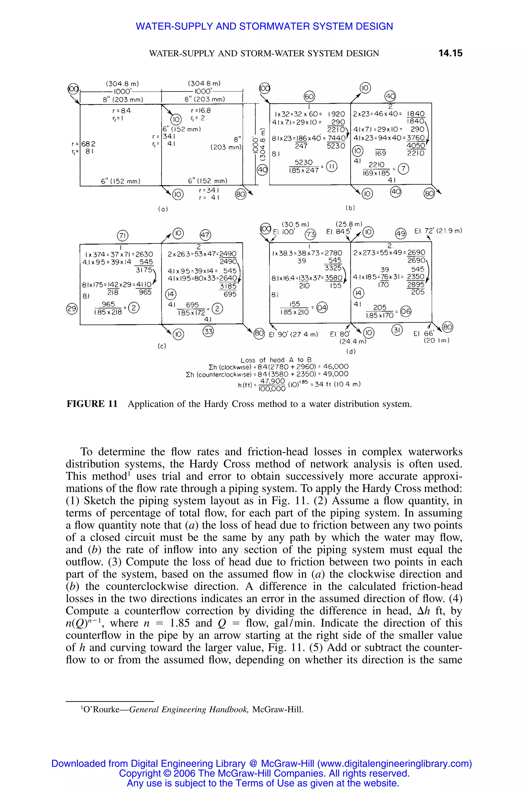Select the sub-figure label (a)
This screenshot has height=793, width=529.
click(163, 209)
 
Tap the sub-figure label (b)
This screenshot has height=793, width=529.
click(350, 208)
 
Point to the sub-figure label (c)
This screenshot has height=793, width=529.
click(162, 346)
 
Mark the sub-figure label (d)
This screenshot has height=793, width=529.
click(351, 352)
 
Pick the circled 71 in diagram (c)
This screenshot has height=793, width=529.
click(123, 235)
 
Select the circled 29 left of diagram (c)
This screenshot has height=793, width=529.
click(72, 308)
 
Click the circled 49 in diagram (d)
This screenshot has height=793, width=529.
click(400, 234)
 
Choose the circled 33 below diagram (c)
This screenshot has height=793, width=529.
click(208, 331)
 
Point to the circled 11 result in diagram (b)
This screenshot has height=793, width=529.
click(332, 166)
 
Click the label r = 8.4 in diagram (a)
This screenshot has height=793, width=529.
click(121, 110)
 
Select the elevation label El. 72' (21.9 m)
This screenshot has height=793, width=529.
click(438, 231)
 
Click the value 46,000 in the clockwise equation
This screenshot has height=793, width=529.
click(336, 367)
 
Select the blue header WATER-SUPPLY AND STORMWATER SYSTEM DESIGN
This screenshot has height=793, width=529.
click(264, 26)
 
